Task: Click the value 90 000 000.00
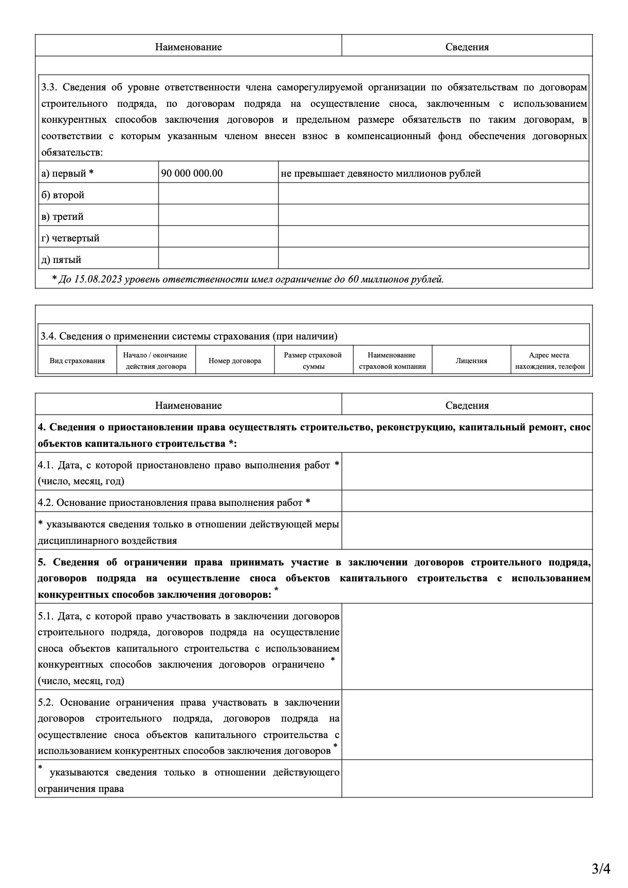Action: (192, 174)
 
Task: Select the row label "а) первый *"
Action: (67, 174)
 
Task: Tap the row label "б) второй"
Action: (63, 195)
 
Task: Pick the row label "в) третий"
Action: (62, 217)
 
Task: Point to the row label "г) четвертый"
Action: (70, 238)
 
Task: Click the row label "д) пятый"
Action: (61, 260)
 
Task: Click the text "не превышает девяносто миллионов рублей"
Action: (381, 174)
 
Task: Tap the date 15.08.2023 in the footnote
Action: (97, 279)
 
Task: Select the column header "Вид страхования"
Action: (77, 361)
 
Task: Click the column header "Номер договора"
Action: (235, 361)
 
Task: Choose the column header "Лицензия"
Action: (471, 361)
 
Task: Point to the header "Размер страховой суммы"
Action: (313, 361)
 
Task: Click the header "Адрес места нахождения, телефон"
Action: (550, 361)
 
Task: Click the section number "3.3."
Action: (51, 87)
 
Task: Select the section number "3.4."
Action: (49, 336)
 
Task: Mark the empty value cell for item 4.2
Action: (467, 501)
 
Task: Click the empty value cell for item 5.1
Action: (467, 646)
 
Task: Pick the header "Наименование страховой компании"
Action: (392, 361)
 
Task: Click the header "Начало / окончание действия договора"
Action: (156, 361)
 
